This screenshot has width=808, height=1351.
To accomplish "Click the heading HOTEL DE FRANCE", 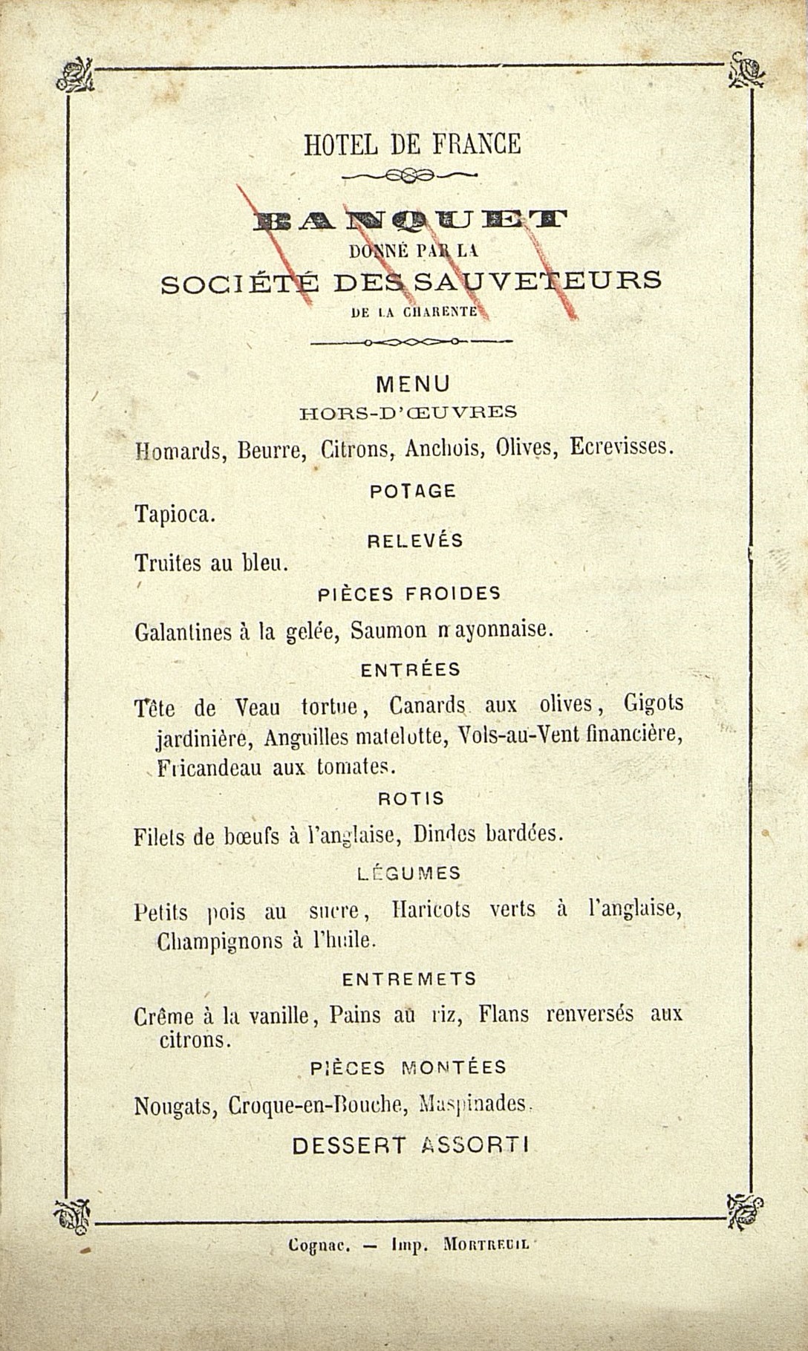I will pyautogui.click(x=412, y=144).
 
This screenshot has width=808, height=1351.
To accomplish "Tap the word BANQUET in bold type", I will pyautogui.click(x=409, y=219).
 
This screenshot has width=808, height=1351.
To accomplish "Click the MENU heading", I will pyautogui.click(x=413, y=384).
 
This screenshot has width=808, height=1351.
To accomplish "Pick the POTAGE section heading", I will pyautogui.click(x=412, y=491).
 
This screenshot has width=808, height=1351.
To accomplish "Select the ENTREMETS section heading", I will pyautogui.click(x=409, y=980).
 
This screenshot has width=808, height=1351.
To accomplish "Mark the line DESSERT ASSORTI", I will pyautogui.click(x=410, y=1145).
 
